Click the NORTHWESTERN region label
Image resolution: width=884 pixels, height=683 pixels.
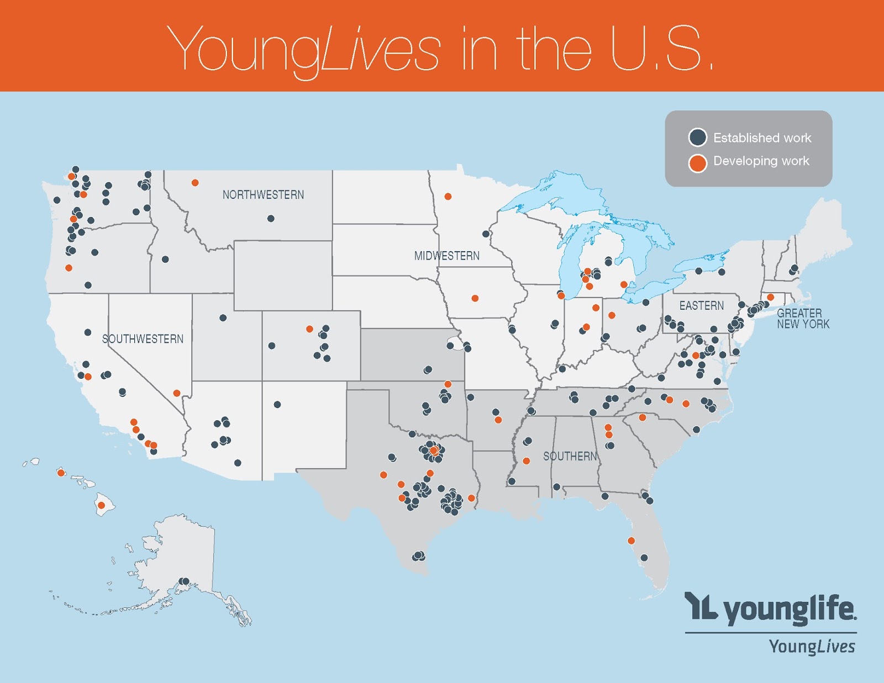[263, 195]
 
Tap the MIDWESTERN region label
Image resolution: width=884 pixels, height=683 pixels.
[446, 256]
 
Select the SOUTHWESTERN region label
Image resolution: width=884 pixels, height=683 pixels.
[143, 339]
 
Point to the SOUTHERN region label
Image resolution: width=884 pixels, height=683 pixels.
[570, 456]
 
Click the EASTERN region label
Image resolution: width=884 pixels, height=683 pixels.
[701, 305]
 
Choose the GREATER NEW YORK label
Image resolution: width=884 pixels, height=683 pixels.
[803, 319]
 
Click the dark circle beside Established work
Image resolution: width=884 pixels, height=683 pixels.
[698, 137]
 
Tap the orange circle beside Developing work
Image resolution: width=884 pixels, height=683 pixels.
[698, 163]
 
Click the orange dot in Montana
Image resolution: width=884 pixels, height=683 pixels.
[195, 183]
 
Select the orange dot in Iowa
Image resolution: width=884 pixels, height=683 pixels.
[475, 298]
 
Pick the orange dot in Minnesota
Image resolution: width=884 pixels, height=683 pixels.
[448, 197]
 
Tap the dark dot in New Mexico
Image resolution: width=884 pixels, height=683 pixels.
[277, 405]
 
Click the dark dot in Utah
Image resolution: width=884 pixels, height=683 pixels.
[223, 318]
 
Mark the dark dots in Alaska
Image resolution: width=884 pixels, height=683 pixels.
[184, 581]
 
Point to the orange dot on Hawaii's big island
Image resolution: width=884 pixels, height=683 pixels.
[101, 505]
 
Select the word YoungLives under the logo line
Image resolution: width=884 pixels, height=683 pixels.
[812, 647]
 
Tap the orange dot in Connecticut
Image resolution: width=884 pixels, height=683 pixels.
[770, 297]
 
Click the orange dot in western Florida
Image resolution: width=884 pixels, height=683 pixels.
[631, 541]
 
